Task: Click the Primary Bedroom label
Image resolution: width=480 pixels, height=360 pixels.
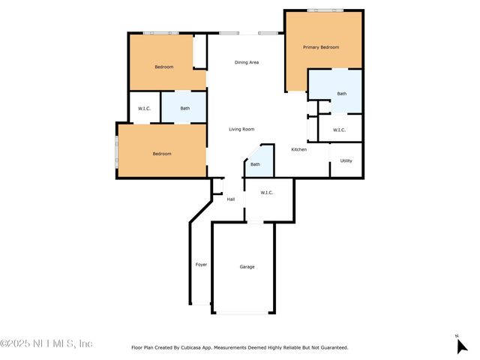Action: click(x=321, y=47)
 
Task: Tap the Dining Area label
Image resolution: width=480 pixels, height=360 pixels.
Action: click(x=247, y=62)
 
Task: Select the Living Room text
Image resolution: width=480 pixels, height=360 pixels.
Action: click(x=241, y=129)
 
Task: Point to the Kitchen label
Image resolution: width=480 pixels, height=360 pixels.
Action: click(x=299, y=150)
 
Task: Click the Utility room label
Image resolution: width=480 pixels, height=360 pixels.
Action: click(x=346, y=160)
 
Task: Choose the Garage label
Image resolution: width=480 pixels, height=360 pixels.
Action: click(x=247, y=267)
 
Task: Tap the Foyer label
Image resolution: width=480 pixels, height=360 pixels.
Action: click(x=201, y=265)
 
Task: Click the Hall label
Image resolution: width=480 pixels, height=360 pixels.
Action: click(x=231, y=199)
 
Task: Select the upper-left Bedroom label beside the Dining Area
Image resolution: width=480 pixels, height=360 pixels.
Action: click(x=164, y=67)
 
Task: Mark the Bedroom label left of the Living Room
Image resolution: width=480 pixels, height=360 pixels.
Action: click(x=162, y=154)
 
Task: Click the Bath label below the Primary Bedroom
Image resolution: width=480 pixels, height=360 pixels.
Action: click(x=342, y=94)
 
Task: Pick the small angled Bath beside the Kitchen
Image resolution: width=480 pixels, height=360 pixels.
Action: click(x=255, y=165)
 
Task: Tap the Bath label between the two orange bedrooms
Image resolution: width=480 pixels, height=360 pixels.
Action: click(x=184, y=109)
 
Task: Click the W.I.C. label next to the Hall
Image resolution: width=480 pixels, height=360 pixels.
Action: click(x=267, y=193)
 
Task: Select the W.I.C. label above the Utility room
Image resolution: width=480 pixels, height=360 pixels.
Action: click(x=339, y=130)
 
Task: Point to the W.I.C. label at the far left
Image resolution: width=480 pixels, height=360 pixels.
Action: click(x=144, y=109)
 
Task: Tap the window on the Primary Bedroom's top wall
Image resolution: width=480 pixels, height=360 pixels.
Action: click(x=325, y=10)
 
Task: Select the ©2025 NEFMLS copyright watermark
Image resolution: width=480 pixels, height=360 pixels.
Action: click(x=46, y=343)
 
